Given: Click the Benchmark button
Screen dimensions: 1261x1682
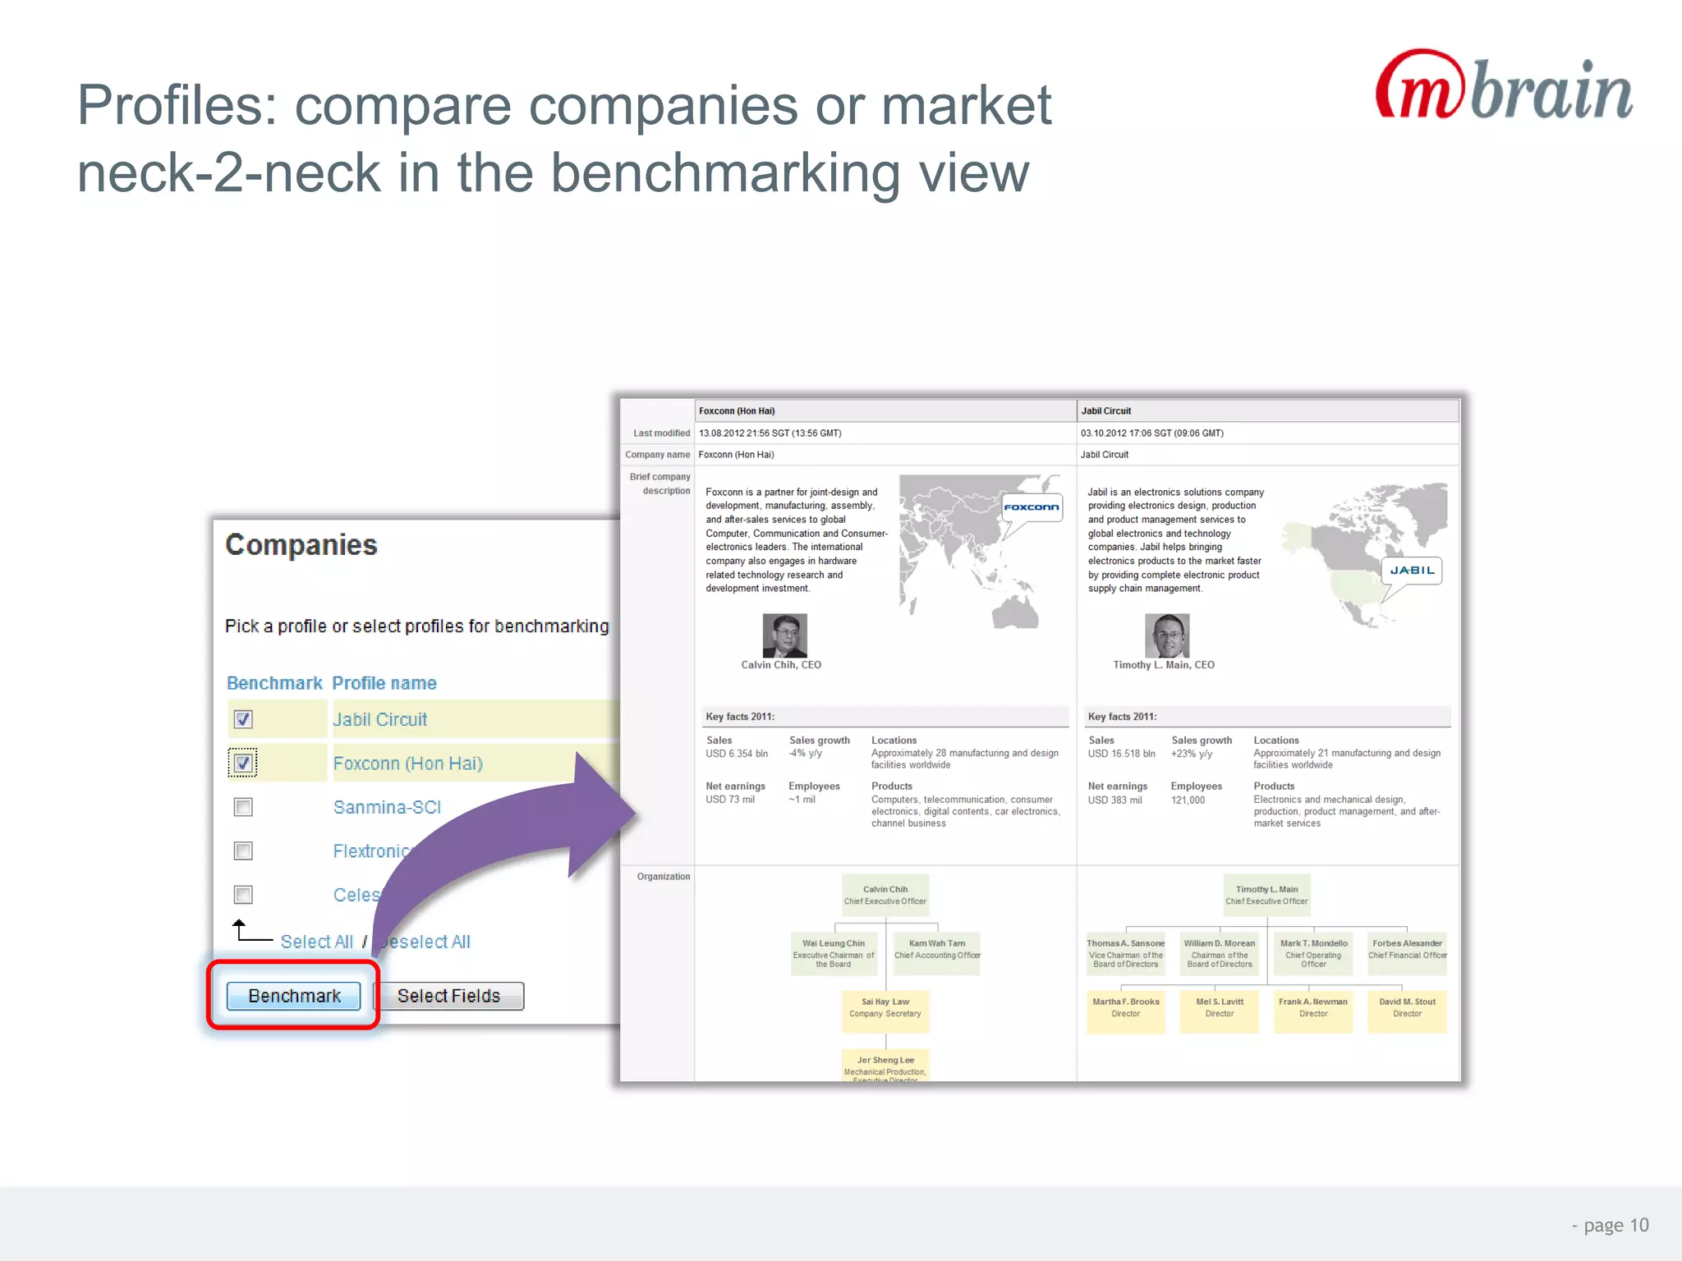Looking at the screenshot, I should point(293,996).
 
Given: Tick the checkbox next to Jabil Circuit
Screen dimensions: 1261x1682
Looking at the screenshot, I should point(243,720).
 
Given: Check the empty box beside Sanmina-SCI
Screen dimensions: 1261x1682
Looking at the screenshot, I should point(243,808).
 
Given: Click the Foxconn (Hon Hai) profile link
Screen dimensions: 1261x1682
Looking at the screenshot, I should point(407,763).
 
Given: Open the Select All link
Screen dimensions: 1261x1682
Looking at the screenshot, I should point(316,942).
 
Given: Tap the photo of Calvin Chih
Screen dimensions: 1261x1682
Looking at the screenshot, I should point(784,635).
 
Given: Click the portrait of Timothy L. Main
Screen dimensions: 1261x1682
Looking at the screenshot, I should point(1166,635).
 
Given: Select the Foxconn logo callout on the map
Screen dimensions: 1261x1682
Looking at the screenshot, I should point(1032,507).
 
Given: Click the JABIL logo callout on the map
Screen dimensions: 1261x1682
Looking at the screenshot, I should point(1412,571).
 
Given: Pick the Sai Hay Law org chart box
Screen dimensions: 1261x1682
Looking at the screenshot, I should point(885,1007).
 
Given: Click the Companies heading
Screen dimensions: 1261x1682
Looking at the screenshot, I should point(301,545).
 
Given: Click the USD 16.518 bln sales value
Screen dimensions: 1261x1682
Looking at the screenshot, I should point(1121,754).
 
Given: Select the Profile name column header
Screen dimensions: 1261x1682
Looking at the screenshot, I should point(384,683).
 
